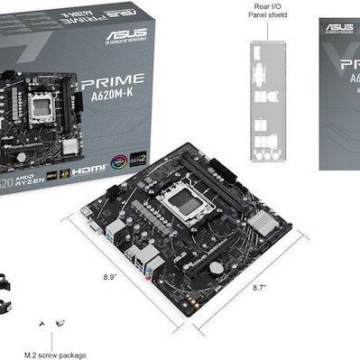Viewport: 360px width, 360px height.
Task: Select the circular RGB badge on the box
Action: (x=118, y=162)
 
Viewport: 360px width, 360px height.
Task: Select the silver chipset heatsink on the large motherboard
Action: (x=262, y=219)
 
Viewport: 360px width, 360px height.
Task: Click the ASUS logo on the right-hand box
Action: (x=340, y=27)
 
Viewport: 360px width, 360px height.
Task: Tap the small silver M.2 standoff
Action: (x=60, y=323)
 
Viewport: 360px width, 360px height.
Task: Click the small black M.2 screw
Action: (x=42, y=321)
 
